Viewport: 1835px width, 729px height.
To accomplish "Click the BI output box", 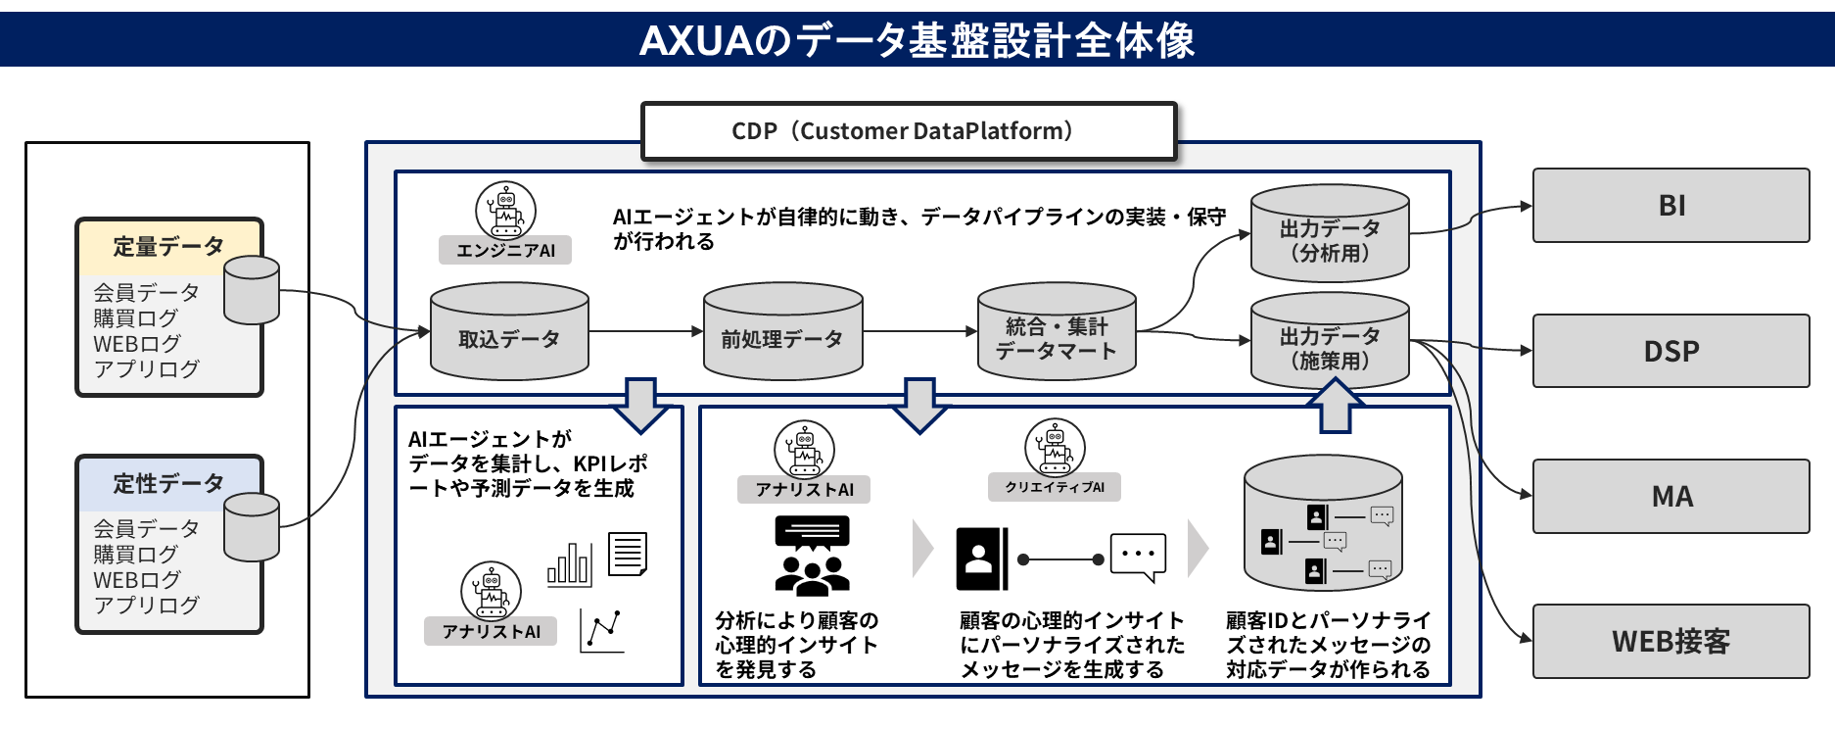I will tap(1670, 206).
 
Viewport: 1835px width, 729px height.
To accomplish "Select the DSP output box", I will tap(1670, 351).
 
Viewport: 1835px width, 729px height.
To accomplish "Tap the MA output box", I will tap(1670, 497).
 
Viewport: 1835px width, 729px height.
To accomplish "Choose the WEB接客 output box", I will tap(1670, 642).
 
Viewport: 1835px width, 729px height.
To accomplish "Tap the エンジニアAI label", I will tap(505, 250).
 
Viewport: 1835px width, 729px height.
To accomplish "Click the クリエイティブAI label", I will tap(1055, 487).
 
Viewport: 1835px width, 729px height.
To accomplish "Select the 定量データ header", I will tap(168, 246).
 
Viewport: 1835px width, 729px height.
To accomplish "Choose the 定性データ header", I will tap(168, 483).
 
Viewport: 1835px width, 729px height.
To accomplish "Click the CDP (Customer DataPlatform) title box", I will tap(908, 131).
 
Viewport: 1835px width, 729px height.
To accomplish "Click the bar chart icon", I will tap(569, 564).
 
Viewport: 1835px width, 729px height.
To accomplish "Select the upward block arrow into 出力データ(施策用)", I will tap(1336, 406).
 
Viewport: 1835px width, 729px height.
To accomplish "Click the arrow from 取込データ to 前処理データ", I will tap(646, 331).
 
